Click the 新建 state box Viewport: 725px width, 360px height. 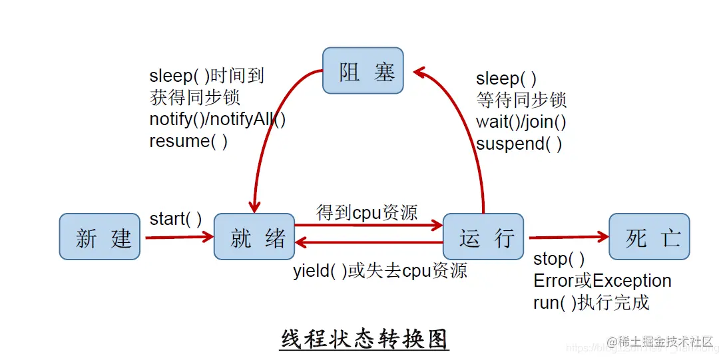click(x=99, y=236)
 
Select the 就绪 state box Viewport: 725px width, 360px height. click(x=254, y=236)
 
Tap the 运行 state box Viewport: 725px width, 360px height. click(x=483, y=236)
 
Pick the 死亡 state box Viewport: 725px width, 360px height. click(x=649, y=236)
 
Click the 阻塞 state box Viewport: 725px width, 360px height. click(x=363, y=71)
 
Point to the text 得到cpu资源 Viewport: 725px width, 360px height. click(x=367, y=212)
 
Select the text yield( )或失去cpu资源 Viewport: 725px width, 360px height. click(x=380, y=270)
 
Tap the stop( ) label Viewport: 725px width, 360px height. click(x=559, y=258)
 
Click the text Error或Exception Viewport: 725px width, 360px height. click(x=603, y=281)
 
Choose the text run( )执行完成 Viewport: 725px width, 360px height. click(x=591, y=303)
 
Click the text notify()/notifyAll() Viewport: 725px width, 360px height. click(x=218, y=119)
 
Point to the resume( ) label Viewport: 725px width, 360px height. click(x=188, y=141)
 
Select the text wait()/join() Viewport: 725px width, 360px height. click(x=521, y=122)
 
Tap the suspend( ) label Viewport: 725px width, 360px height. click(x=519, y=144)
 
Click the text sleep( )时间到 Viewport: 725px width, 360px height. click(x=207, y=76)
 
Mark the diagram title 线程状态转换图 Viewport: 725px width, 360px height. click(x=365, y=339)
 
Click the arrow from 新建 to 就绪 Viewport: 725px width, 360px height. click(x=178, y=236)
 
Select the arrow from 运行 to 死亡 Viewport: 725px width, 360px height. click(x=568, y=236)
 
